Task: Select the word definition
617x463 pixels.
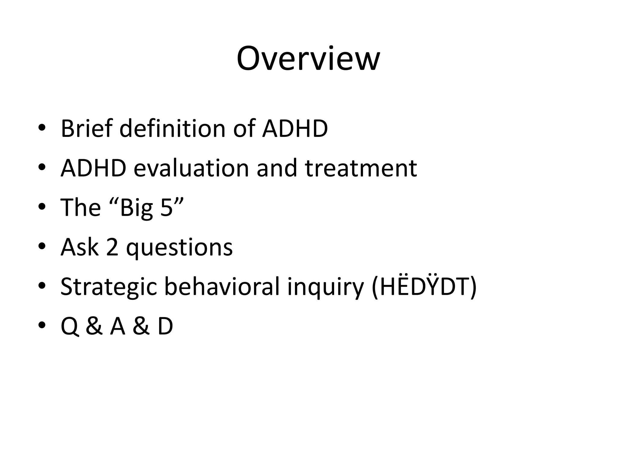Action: pos(172,128)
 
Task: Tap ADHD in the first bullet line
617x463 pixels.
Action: pos(295,128)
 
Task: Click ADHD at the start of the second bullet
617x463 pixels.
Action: pos(93,168)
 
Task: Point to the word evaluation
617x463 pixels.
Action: pos(191,168)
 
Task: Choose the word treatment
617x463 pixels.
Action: pos(361,168)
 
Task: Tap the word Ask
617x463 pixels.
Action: pos(80,247)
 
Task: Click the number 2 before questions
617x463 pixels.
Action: pos(112,247)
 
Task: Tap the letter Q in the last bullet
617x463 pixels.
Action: pos(70,326)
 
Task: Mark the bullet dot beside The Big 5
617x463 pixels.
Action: pos(42,207)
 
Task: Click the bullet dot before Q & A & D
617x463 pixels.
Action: pos(42,325)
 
